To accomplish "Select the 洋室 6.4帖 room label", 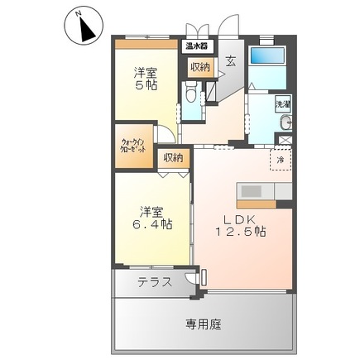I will tap(154, 217).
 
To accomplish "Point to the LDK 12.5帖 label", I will tap(242, 226).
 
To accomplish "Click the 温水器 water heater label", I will tap(196, 47).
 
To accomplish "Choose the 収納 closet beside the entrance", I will tap(199, 67).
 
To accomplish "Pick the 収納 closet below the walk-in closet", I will tap(173, 157).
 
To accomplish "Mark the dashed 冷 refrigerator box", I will tap(281, 159).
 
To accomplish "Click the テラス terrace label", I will tap(155, 281).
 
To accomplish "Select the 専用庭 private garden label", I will tap(203, 324).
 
